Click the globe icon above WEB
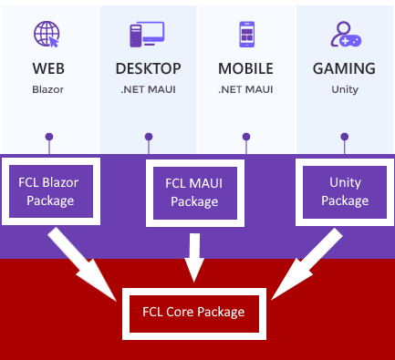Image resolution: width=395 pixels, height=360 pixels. point(47,34)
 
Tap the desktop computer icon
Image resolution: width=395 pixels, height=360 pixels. point(148,35)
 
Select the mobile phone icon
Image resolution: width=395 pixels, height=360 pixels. point(245,35)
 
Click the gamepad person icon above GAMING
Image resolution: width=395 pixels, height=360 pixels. point(344,34)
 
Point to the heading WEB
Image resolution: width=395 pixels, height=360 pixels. point(48,69)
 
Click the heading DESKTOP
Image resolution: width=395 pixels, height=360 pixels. point(148,69)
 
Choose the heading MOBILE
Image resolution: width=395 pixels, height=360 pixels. point(246,69)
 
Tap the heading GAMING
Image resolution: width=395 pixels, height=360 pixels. point(344,69)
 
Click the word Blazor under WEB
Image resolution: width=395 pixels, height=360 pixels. point(48,90)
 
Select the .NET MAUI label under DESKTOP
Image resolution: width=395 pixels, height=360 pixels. point(148,90)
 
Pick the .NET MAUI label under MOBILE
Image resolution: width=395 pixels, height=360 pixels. point(246,90)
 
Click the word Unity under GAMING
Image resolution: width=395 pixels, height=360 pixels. point(344,90)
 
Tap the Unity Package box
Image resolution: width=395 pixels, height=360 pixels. point(345,190)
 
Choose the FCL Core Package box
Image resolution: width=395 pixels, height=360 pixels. point(193,312)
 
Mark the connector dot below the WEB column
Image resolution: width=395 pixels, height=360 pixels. point(48,137)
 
